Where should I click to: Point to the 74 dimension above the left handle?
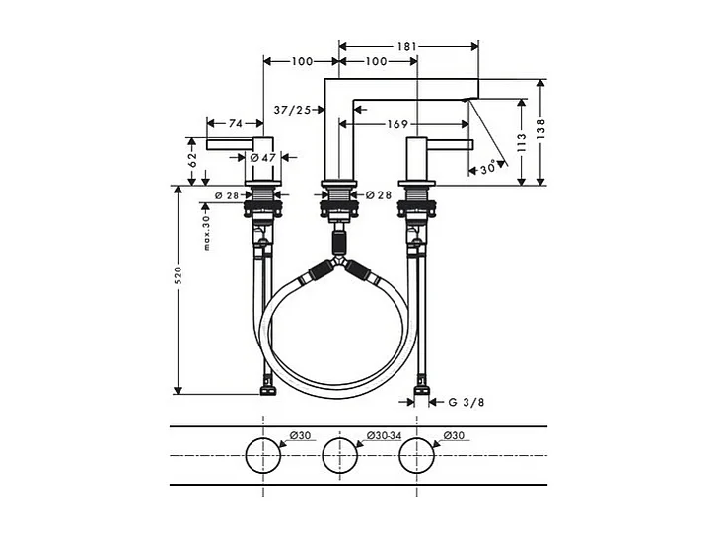coord(236,123)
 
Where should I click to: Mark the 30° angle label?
coord(487,168)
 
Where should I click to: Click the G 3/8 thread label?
coord(466,402)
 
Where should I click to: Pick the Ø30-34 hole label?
coord(383,435)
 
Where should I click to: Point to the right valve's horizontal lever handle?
coord(450,145)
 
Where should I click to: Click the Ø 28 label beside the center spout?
coord(379,194)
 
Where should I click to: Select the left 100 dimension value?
coord(303,62)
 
